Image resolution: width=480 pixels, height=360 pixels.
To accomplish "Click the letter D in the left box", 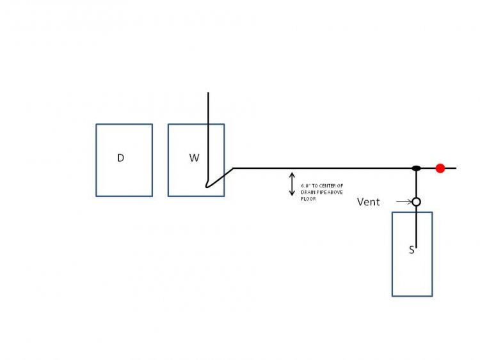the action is pos(120,158).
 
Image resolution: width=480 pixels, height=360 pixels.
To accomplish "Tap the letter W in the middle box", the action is pos(195,158).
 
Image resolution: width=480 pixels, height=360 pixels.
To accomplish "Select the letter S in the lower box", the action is pos(412,250).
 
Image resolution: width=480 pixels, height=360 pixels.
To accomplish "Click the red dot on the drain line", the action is pos(440,168).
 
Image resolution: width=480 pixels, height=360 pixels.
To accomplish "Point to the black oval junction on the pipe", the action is pos(416,168).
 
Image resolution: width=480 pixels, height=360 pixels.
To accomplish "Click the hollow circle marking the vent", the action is pos(416,202).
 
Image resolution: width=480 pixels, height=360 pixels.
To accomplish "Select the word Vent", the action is pos(368,202).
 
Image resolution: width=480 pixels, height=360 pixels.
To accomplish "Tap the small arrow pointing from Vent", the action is pos(404,202).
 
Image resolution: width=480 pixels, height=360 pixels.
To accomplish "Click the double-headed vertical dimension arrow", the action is pos(292,184).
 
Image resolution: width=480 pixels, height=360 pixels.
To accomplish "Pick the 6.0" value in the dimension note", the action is pos(305,185).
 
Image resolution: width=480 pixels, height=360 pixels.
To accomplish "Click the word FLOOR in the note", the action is pos(308,199).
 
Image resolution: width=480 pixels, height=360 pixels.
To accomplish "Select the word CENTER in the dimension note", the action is pos(328,185).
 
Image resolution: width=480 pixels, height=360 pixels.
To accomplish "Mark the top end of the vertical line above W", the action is pos(208,92).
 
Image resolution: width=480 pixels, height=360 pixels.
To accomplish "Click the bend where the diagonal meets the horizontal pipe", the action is pos(233,168).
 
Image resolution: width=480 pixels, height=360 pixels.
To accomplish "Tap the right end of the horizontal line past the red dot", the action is pos(456,168).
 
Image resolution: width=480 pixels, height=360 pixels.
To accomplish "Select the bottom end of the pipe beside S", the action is pos(416,247).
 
